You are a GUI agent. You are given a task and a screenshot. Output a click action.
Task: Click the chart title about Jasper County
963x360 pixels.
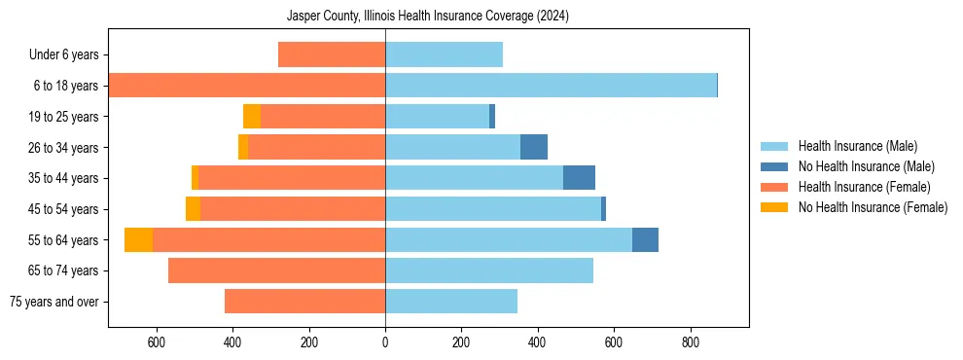(428, 17)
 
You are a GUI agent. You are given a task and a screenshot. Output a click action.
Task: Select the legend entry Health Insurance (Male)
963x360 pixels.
(851, 146)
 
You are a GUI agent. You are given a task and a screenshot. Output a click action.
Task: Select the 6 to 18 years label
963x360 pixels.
(66, 86)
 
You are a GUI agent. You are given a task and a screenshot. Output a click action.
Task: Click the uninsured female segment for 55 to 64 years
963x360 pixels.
(138, 240)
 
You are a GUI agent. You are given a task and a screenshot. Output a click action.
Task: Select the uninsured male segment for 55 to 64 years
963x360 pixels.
(645, 240)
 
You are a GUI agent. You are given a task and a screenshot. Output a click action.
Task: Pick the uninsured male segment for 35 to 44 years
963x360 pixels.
(579, 178)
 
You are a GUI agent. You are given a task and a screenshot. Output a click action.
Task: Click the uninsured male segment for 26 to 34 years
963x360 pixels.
(534, 147)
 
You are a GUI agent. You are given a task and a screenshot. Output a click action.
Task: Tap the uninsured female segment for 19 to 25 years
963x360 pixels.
(252, 117)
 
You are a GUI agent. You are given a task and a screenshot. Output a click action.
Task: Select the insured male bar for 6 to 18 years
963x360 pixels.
(551, 86)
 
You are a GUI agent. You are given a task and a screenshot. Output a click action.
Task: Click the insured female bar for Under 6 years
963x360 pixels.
(332, 54)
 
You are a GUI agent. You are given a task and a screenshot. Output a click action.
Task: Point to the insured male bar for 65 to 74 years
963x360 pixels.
(489, 270)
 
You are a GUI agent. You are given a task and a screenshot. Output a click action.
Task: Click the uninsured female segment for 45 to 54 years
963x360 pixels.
(193, 209)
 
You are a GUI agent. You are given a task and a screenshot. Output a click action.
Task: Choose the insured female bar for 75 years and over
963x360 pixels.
(304, 302)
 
